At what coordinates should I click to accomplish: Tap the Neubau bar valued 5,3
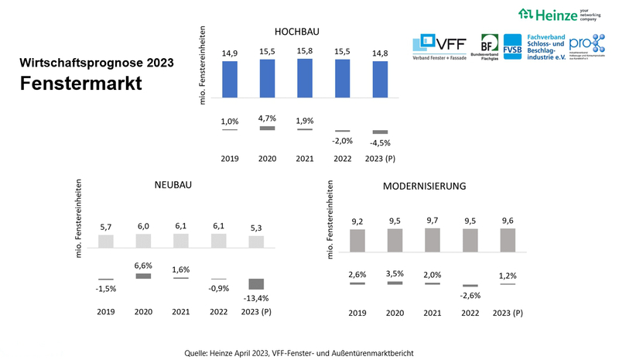click(255, 242)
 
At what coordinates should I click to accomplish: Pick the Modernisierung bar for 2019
click(357, 240)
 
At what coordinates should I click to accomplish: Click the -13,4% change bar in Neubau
click(255, 283)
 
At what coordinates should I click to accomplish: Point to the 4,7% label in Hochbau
click(267, 118)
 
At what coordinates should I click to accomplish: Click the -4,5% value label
click(381, 142)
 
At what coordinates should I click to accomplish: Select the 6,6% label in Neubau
click(144, 264)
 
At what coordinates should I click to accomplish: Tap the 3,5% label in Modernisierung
click(395, 274)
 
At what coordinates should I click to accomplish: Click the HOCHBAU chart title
click(297, 32)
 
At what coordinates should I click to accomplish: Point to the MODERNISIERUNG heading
click(424, 187)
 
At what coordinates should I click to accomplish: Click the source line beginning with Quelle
click(309, 353)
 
